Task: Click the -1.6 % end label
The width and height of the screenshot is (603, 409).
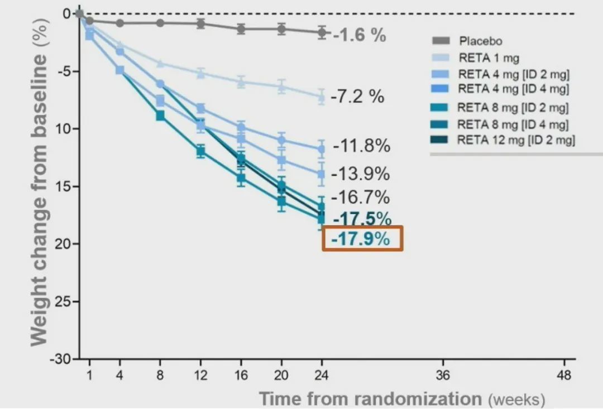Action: [x=360, y=35]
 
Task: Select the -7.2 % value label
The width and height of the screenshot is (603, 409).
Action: [x=357, y=97]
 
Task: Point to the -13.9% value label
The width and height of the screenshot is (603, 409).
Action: [x=360, y=174]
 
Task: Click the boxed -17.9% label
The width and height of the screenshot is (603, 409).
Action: [x=362, y=239]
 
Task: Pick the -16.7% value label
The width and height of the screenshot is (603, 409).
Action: [x=360, y=197]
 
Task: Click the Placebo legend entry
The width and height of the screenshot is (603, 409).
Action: [x=480, y=41]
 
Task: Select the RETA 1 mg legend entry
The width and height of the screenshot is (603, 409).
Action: [x=489, y=57]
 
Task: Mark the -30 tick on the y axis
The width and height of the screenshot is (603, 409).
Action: [x=61, y=359]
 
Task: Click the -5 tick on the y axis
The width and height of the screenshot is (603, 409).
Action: [x=66, y=71]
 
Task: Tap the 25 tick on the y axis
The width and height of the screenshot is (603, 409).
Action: [x=65, y=301]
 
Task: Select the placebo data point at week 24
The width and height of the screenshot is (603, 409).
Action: [x=322, y=32]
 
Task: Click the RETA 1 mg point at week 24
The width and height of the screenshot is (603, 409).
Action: [x=322, y=97]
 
